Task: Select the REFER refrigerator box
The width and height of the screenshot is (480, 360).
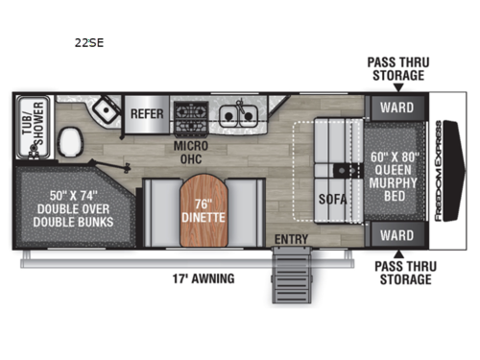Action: click(148, 113)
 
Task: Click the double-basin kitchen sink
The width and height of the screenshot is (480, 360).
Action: click(238, 113)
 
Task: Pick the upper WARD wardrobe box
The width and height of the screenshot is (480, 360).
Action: click(396, 106)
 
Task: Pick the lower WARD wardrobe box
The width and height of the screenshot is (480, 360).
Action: click(396, 235)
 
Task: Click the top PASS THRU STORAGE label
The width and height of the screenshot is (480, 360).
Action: click(396, 67)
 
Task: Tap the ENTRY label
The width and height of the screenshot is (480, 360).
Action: click(289, 239)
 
